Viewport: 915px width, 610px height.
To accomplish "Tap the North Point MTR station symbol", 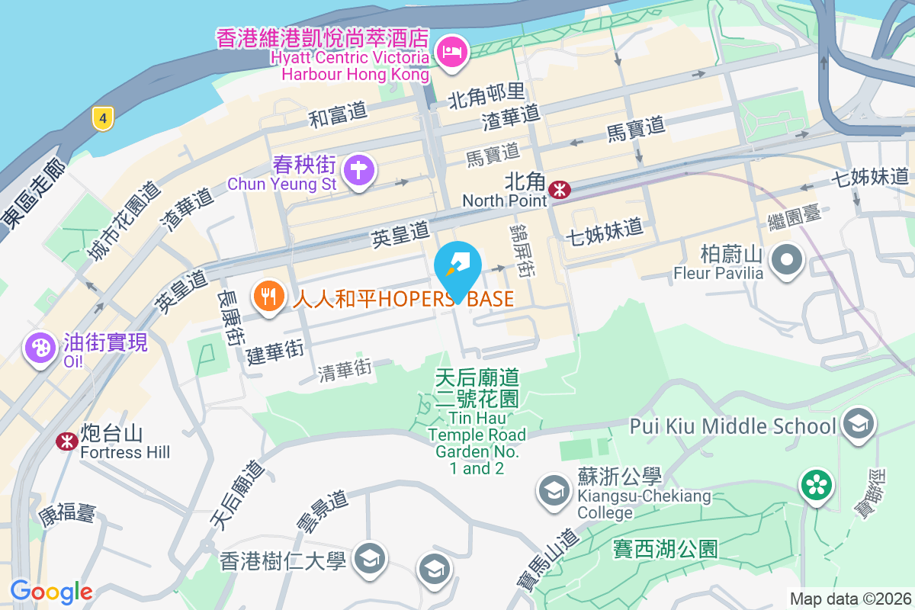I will [x=560, y=189].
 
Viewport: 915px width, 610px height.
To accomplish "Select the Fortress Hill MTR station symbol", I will [x=67, y=441].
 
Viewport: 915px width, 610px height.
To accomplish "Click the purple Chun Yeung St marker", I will [x=358, y=169].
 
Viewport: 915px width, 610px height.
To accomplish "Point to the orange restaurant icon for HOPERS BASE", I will [x=268, y=297].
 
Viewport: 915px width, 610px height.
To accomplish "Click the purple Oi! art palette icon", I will [x=39, y=348].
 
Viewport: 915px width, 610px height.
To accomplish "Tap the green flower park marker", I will [x=817, y=486].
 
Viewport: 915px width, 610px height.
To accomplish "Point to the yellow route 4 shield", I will [x=103, y=117].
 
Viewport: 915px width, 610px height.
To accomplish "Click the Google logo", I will [x=51, y=591].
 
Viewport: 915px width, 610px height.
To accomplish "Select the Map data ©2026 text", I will [x=849, y=599].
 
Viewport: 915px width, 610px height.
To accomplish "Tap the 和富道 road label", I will [x=338, y=115].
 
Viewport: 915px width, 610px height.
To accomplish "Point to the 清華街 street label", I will [x=345, y=370].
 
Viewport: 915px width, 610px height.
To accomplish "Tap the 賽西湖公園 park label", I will [x=665, y=548].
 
